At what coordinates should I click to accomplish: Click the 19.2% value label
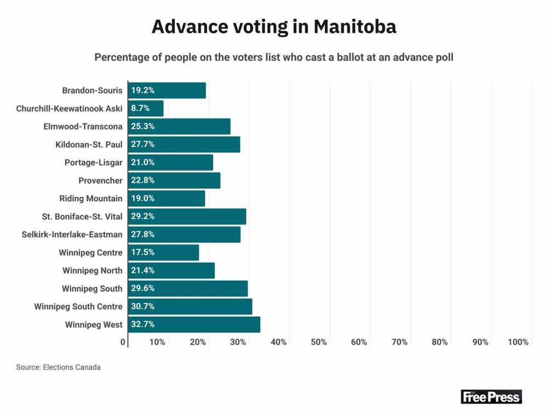click(x=142, y=90)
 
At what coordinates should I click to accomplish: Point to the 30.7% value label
click(x=142, y=306)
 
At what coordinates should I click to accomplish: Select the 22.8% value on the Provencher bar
click(x=142, y=180)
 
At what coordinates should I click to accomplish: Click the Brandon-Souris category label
click(x=92, y=90)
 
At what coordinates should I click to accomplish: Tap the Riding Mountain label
click(x=91, y=199)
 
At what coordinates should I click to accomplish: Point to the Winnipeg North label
click(x=93, y=271)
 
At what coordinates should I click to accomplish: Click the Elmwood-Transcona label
click(x=83, y=126)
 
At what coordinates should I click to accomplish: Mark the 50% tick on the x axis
click(x=319, y=342)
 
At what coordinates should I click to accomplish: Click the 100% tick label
click(x=518, y=342)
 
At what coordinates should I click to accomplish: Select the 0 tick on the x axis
click(x=123, y=342)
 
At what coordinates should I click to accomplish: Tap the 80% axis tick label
click(x=440, y=342)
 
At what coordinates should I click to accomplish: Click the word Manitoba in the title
click(x=355, y=27)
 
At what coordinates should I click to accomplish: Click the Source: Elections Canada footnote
click(x=58, y=368)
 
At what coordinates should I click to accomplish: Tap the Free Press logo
click(x=491, y=396)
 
